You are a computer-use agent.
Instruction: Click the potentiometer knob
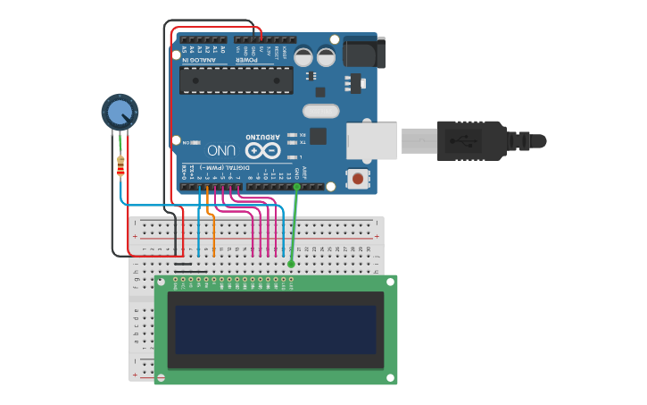pyautogui.click(x=119, y=112)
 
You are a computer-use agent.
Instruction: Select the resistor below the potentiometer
pyautogui.click(x=120, y=165)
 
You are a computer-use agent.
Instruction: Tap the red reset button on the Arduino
pyautogui.click(x=358, y=178)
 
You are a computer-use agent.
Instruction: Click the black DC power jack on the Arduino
pyautogui.click(x=362, y=51)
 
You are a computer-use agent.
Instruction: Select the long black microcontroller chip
pyautogui.click(x=236, y=80)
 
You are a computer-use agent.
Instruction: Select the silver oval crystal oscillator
pyautogui.click(x=320, y=111)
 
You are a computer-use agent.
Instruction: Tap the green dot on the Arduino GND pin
pyautogui.click(x=296, y=187)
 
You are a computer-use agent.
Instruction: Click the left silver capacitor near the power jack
pyautogui.click(x=303, y=57)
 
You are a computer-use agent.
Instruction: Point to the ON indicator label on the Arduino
pyautogui.click(x=187, y=141)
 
